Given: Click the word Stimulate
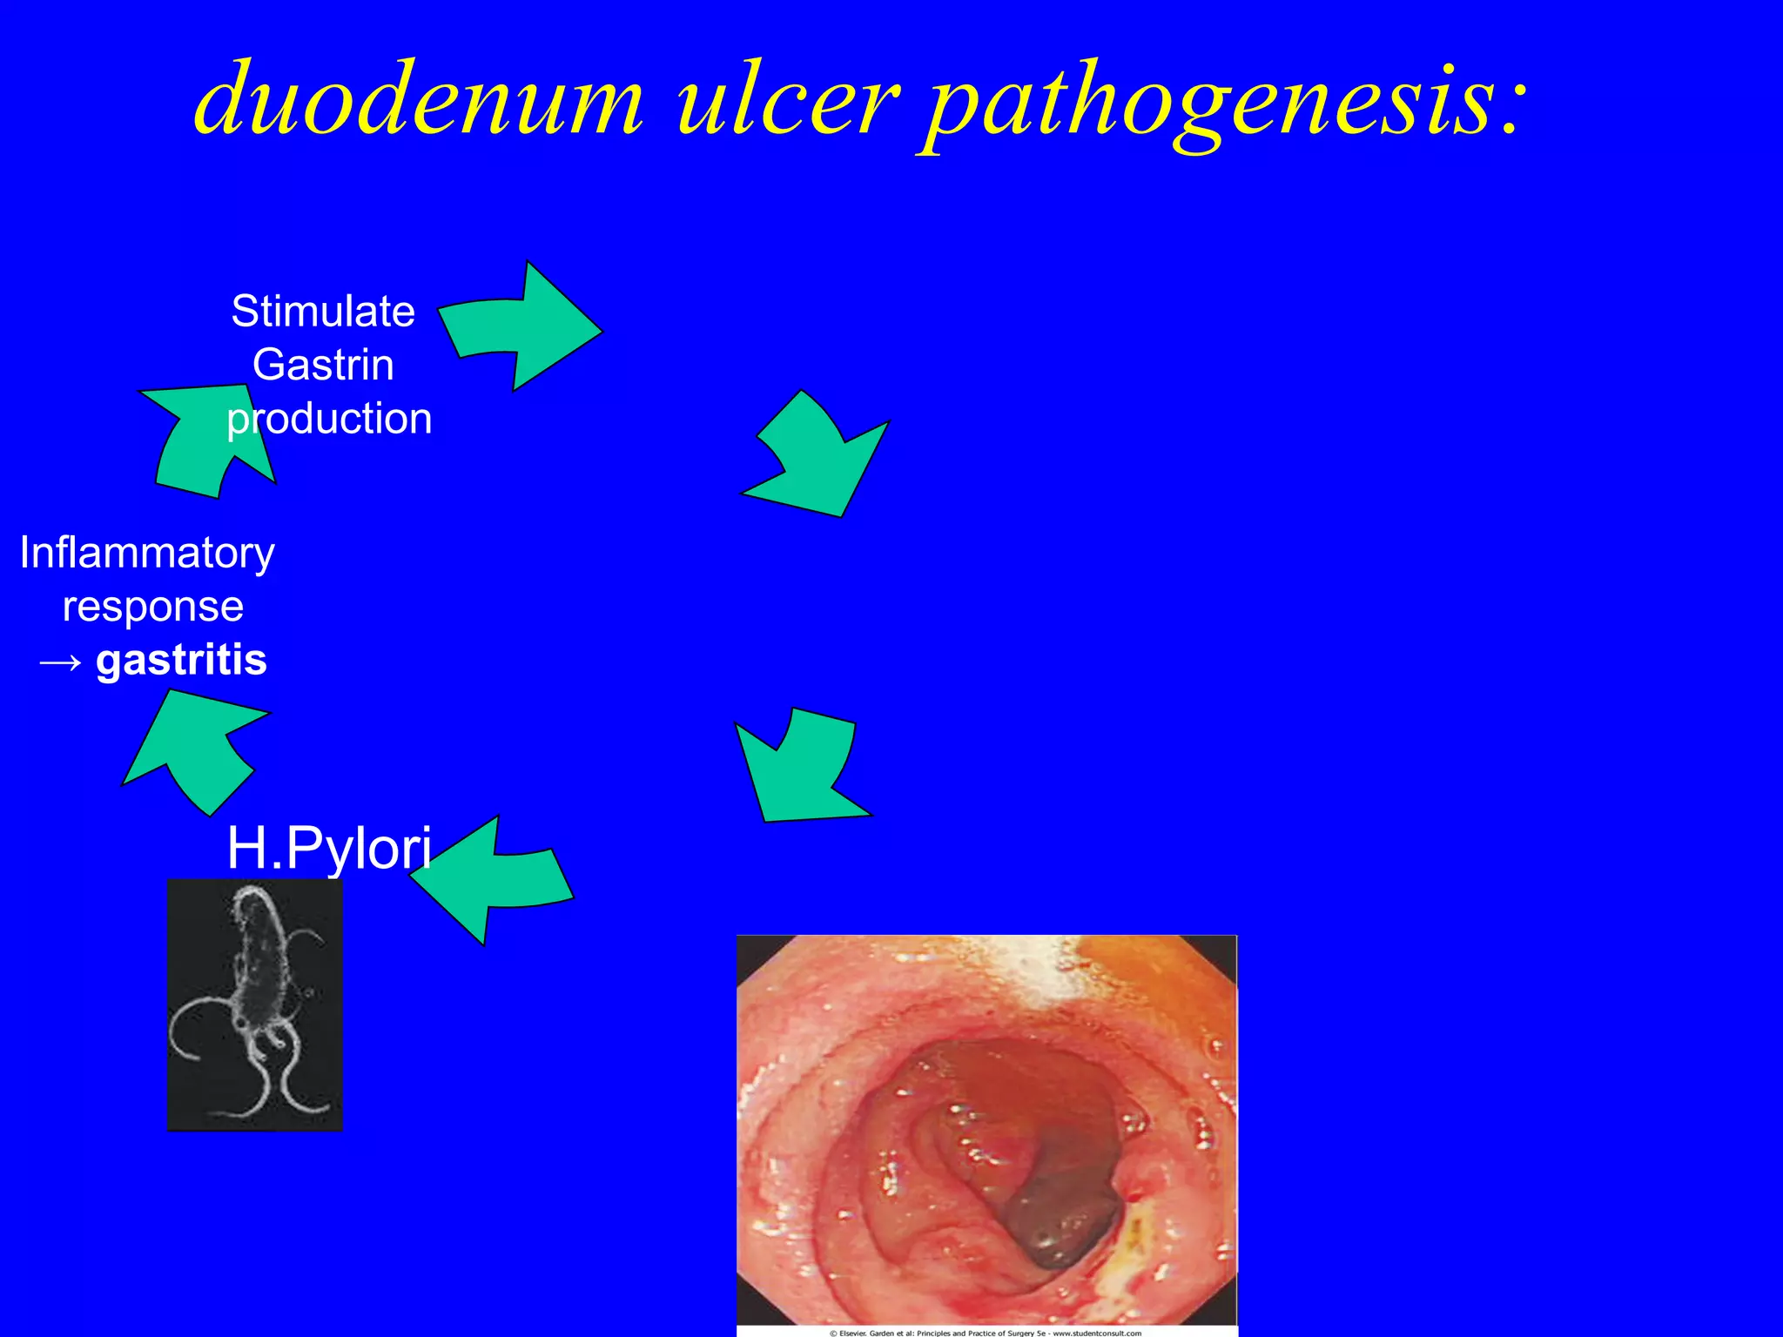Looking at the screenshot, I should pos(323,311).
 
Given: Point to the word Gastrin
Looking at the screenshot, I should pos(323,365).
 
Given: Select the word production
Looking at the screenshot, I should pos(329,419).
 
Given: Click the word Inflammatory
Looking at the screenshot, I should pos(147,553).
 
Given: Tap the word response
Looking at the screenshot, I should pos(153,607).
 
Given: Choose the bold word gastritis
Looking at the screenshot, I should pos(181,660).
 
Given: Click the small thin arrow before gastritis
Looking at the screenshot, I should pos(61,663).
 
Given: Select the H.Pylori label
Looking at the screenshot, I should pos(329,848).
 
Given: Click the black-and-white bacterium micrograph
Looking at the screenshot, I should pos(254,1004).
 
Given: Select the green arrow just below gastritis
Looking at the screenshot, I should pos(197,749).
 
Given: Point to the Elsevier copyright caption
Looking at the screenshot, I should pos(986,1332).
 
